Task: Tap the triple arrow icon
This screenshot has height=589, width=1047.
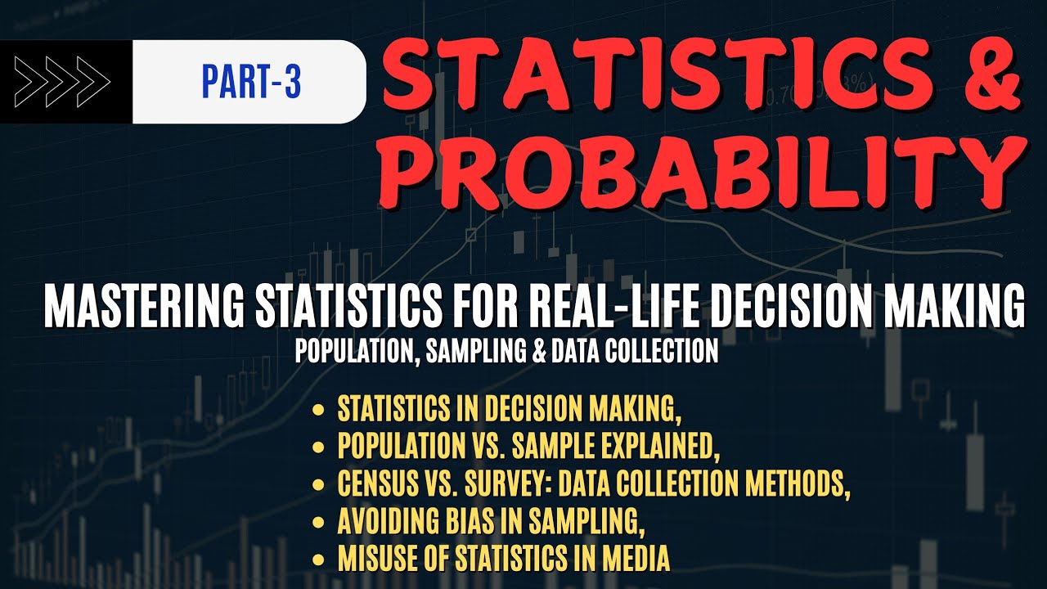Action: click(x=63, y=82)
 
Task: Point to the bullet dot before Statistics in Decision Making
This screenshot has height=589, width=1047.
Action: click(x=317, y=409)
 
